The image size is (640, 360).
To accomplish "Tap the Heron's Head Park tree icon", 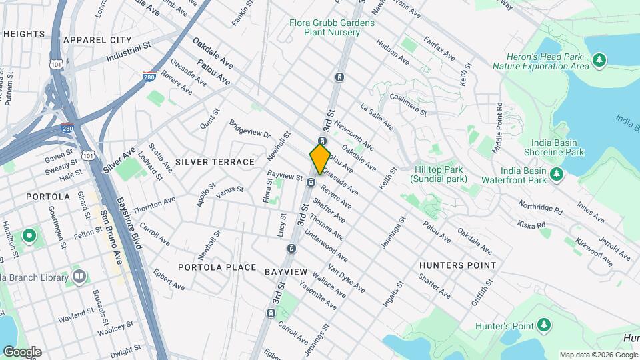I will (x=600, y=61).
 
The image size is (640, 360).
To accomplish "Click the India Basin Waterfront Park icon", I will (x=557, y=174).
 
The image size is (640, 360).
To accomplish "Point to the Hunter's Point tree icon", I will (x=545, y=325).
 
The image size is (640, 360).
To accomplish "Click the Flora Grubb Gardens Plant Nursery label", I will (x=331, y=27).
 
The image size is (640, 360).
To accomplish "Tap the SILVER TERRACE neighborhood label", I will (x=215, y=162).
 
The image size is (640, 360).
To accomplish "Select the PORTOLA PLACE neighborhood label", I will (x=217, y=267).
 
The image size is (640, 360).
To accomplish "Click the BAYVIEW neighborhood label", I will (x=285, y=272).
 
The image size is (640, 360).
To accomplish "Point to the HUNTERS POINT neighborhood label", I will (x=457, y=265).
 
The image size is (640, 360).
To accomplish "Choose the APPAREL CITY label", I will (x=97, y=41).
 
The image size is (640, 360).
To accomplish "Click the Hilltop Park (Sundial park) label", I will (x=438, y=175).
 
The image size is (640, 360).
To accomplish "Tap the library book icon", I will (x=79, y=276).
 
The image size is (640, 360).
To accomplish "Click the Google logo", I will (x=21, y=352).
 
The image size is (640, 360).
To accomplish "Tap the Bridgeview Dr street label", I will (x=249, y=130).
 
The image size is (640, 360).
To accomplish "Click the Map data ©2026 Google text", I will (x=598, y=355).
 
